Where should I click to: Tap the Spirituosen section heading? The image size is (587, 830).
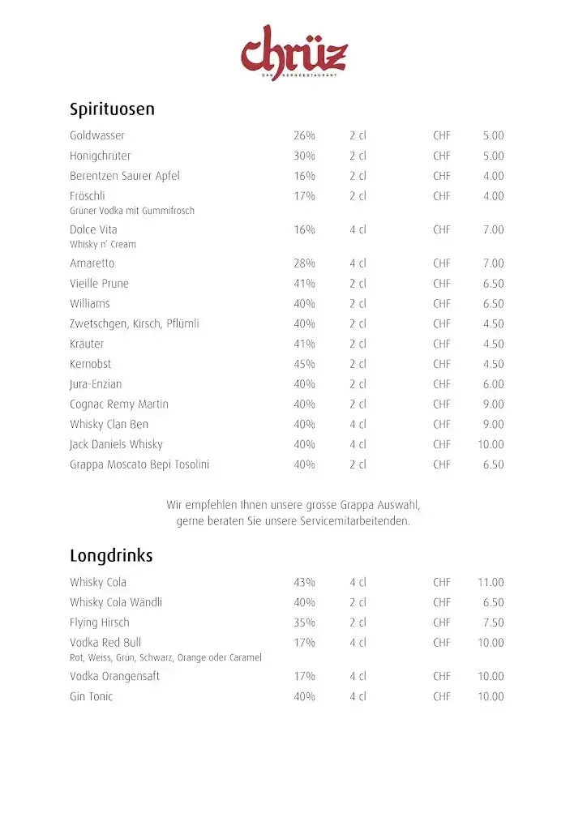112,109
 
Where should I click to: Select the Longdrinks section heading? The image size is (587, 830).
111,556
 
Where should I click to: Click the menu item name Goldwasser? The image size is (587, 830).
97,135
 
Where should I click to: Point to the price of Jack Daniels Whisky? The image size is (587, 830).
491,444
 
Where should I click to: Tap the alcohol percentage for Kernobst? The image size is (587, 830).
304,364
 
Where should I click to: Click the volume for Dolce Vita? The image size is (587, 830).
358,229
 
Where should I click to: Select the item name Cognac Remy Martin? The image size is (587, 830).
119,404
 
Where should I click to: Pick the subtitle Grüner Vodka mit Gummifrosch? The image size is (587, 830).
132,211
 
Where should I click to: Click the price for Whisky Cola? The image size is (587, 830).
491,582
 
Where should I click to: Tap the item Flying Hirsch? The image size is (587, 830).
100,622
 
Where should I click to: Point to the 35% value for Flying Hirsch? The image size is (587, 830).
304,622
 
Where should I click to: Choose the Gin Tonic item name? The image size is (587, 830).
92,696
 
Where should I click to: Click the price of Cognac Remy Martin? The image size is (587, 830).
493,404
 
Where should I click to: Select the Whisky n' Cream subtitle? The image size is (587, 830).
103,244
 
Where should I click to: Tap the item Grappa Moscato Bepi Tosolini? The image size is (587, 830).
139,464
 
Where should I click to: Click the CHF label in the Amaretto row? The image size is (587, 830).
442,263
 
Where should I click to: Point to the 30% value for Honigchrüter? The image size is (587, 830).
304,156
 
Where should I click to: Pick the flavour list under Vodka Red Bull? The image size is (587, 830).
165,657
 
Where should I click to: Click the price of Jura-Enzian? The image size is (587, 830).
493,384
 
